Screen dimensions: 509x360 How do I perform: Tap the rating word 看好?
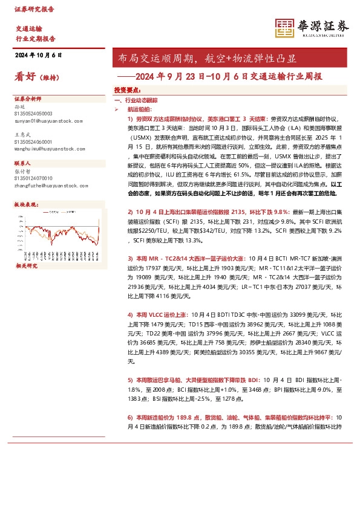26,77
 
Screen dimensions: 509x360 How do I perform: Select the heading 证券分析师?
28,98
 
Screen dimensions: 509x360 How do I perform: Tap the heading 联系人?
23,163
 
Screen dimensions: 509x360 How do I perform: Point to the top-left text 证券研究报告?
34,9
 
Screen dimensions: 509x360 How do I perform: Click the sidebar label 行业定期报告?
35,39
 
